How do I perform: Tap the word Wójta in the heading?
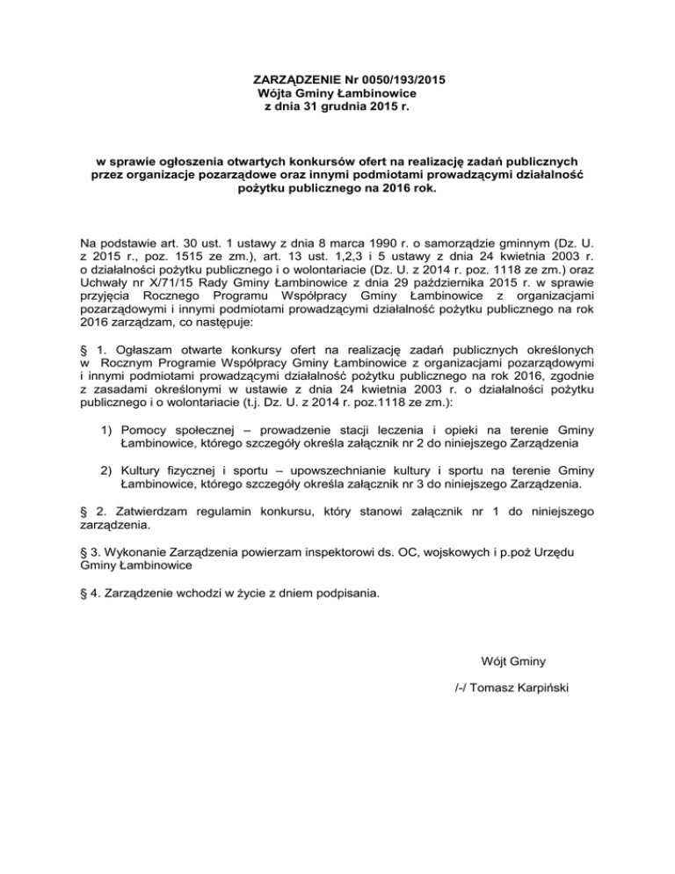click(275, 92)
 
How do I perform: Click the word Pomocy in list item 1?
click(144, 429)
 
